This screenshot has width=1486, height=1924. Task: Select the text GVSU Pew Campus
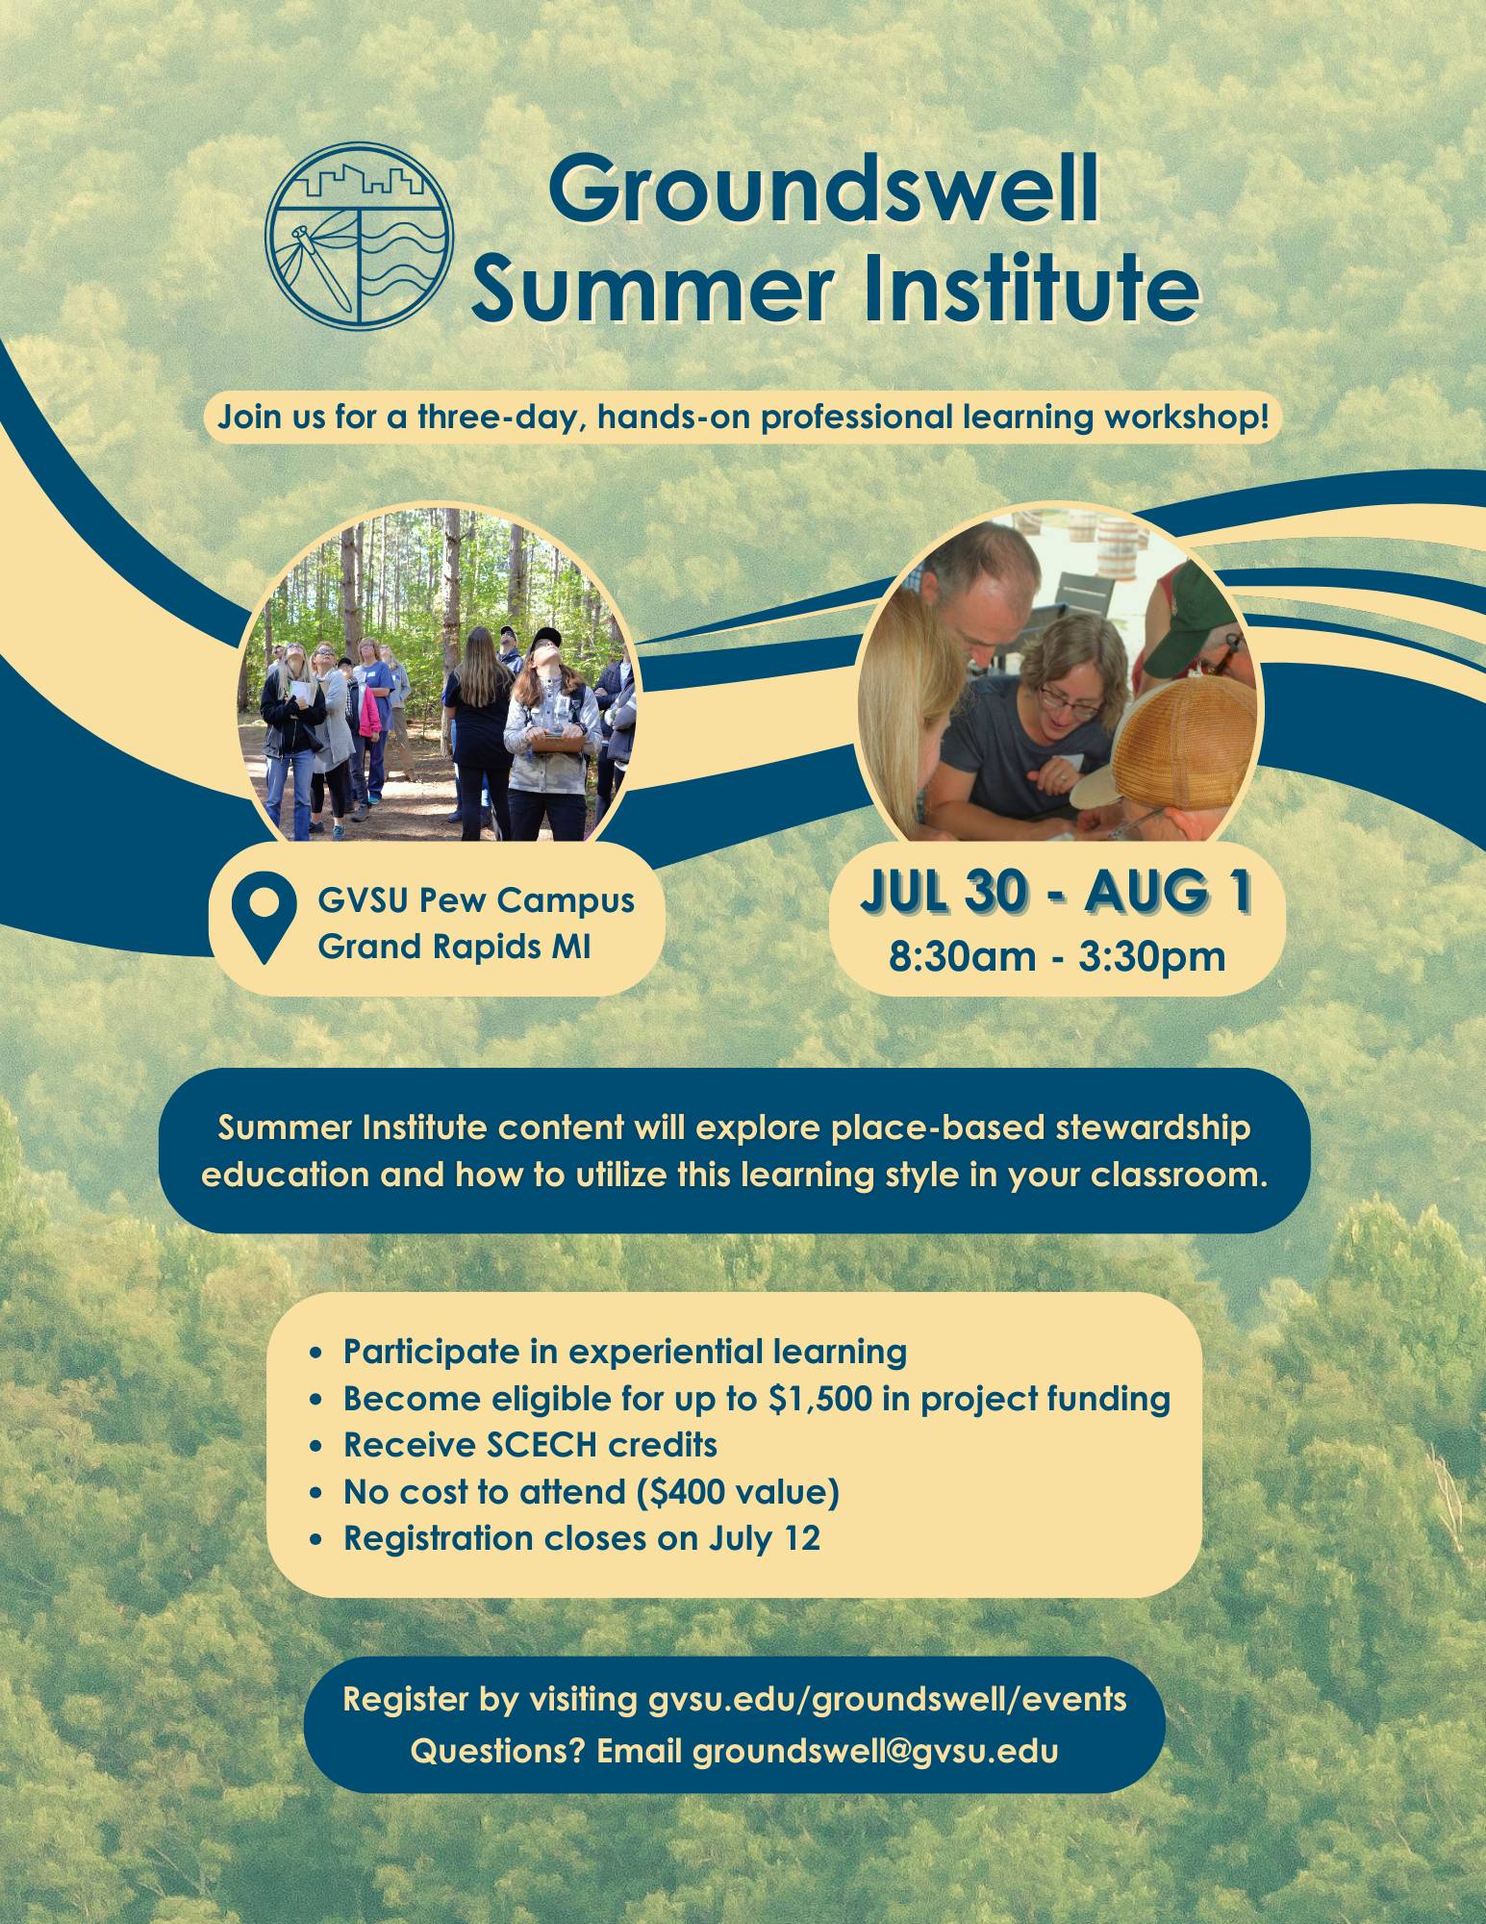point(476,901)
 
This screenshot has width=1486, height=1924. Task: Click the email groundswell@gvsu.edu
point(875,1751)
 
